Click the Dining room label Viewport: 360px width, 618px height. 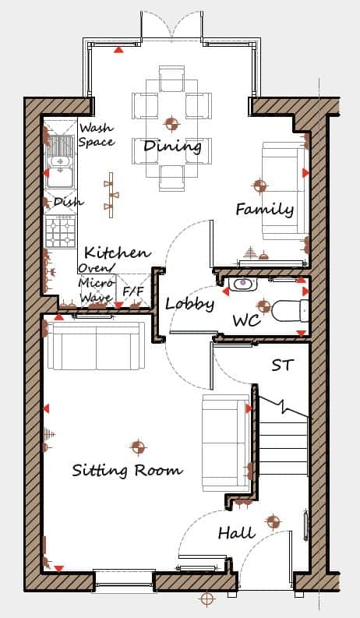[172, 147]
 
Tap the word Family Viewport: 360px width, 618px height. [265, 209]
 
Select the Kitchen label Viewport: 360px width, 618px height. [118, 252]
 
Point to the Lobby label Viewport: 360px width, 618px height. [190, 303]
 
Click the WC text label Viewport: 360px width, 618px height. [247, 320]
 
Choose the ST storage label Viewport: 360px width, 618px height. [283, 365]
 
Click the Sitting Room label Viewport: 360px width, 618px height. [127, 470]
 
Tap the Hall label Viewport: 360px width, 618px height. [237, 533]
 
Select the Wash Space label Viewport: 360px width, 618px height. [97, 134]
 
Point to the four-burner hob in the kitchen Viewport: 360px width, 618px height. [61, 231]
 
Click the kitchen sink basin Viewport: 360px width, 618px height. [60, 161]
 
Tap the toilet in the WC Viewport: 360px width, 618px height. [290, 311]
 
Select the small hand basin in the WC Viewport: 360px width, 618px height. [242, 284]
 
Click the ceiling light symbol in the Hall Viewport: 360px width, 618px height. [273, 522]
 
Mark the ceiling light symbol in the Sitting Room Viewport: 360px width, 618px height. [137, 447]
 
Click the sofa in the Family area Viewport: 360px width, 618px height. [285, 191]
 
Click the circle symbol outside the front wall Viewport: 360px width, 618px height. [206, 599]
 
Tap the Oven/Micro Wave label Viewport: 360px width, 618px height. [97, 283]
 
